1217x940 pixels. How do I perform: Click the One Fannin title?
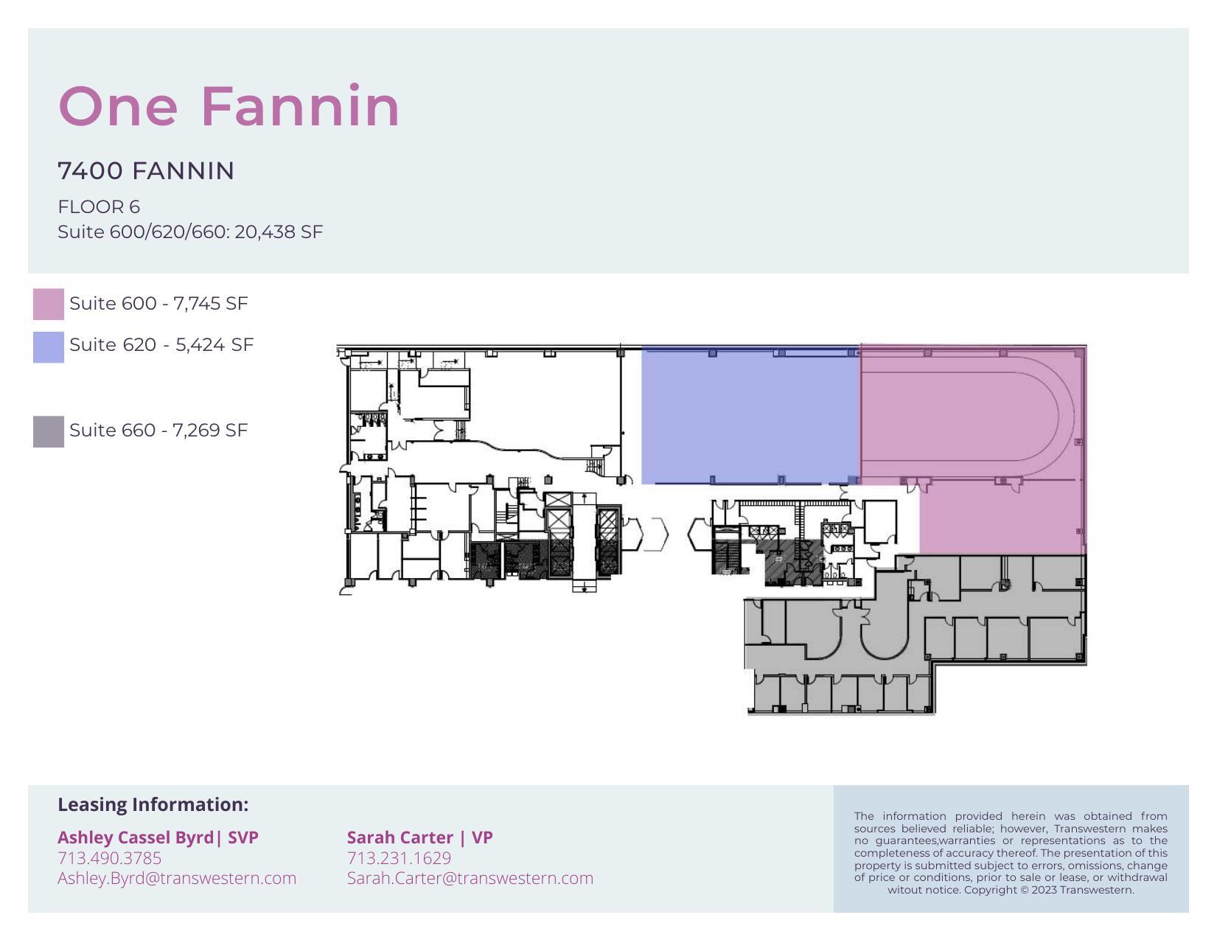point(229,107)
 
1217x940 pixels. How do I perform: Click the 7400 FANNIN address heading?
point(146,171)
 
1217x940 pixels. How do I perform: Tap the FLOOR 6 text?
point(99,207)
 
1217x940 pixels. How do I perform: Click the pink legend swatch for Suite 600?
point(48,304)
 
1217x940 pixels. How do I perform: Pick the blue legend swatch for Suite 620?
point(48,347)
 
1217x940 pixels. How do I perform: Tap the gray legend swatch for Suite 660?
point(48,431)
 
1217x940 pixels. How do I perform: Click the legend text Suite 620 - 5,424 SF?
point(161,345)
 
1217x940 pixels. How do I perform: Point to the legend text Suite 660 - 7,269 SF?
point(158,431)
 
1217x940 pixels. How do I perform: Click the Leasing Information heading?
point(153,804)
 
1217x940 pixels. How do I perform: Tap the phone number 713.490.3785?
point(109,858)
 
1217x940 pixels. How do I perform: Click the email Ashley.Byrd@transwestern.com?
point(177,878)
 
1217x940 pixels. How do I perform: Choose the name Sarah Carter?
point(400,838)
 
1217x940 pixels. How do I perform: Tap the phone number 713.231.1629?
point(399,858)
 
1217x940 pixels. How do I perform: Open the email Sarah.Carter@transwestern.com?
point(470,878)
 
